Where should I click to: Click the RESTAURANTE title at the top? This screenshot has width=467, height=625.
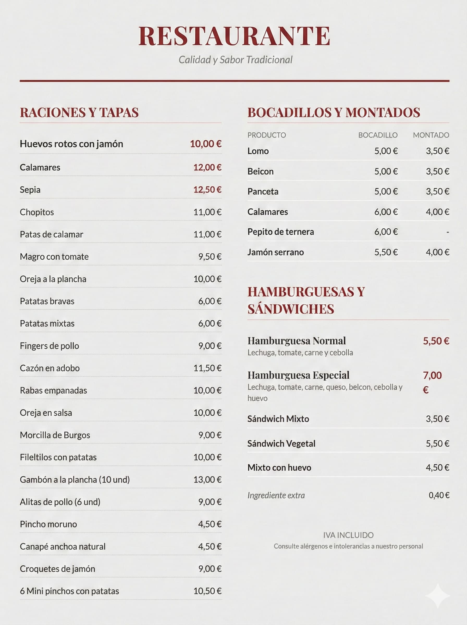click(234, 36)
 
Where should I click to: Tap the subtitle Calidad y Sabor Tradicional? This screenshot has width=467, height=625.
click(235, 60)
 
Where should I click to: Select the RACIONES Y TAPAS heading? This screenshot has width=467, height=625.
click(79, 113)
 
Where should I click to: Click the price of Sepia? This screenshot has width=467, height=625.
click(207, 190)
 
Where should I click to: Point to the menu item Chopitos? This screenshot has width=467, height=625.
click(37, 212)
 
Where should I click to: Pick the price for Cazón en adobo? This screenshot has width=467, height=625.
click(207, 368)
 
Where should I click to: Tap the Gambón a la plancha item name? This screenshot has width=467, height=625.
click(75, 479)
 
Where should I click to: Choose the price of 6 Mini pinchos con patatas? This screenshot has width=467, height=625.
click(207, 591)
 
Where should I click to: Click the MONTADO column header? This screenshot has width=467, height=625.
click(431, 135)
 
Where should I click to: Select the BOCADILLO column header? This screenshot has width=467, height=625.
click(378, 135)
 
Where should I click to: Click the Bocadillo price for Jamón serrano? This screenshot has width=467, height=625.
click(386, 252)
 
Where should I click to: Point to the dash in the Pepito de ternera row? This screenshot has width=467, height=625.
click(447, 232)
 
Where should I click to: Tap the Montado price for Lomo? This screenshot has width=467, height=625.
click(437, 151)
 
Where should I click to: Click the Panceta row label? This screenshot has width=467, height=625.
click(263, 191)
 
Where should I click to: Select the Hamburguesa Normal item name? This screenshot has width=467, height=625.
click(297, 341)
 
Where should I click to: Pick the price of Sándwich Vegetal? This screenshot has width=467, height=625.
click(437, 443)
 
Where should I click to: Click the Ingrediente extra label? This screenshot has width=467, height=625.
click(276, 495)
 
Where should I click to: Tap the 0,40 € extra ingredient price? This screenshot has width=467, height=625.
click(439, 495)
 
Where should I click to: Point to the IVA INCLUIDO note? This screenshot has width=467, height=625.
click(348, 535)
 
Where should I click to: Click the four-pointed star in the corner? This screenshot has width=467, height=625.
click(438, 596)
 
